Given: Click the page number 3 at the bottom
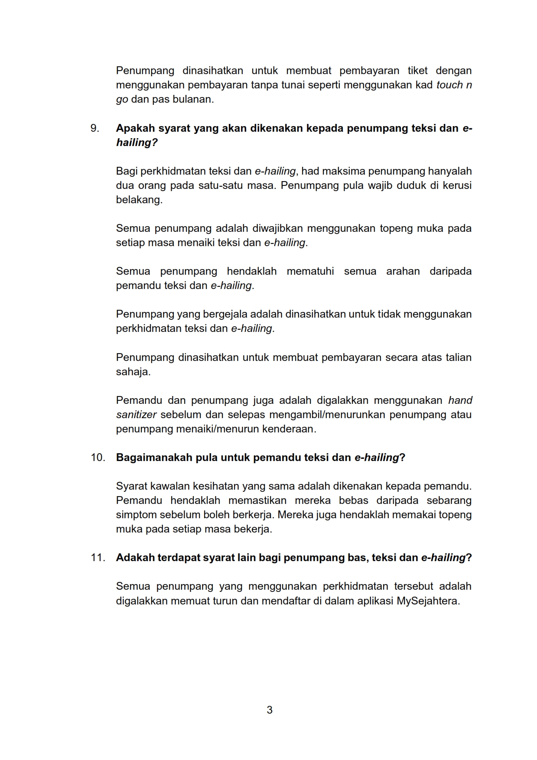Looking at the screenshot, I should (x=269, y=710).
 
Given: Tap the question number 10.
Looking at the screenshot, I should (x=98, y=458).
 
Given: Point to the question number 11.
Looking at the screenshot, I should (x=98, y=558).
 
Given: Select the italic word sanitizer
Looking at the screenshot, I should (x=136, y=415).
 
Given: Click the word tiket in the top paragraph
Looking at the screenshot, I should (x=417, y=71).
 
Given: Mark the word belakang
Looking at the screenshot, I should (x=139, y=200).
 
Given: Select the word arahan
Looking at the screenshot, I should (x=403, y=271).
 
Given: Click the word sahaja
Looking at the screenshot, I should (x=133, y=372).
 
